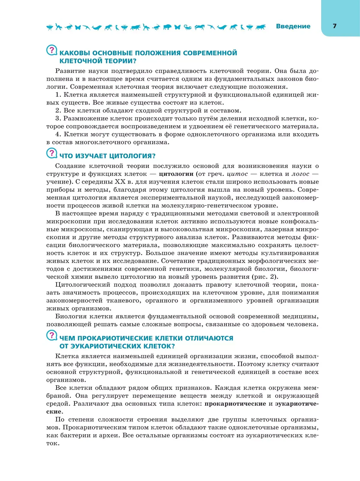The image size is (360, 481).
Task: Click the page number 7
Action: click(334, 26)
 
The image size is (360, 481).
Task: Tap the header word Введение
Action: click(293, 26)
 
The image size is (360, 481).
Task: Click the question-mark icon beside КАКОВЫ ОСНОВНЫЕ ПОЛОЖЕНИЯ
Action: click(52, 50)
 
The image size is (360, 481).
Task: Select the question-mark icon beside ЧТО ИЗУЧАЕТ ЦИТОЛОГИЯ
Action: click(52, 153)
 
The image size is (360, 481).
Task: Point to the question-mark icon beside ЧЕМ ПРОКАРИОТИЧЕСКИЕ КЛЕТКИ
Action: click(52, 335)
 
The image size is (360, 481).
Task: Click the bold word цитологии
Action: click(176, 174)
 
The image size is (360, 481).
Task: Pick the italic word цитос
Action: click(237, 174)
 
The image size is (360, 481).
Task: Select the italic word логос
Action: click(300, 174)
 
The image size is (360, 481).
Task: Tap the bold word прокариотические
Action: click(235, 404)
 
